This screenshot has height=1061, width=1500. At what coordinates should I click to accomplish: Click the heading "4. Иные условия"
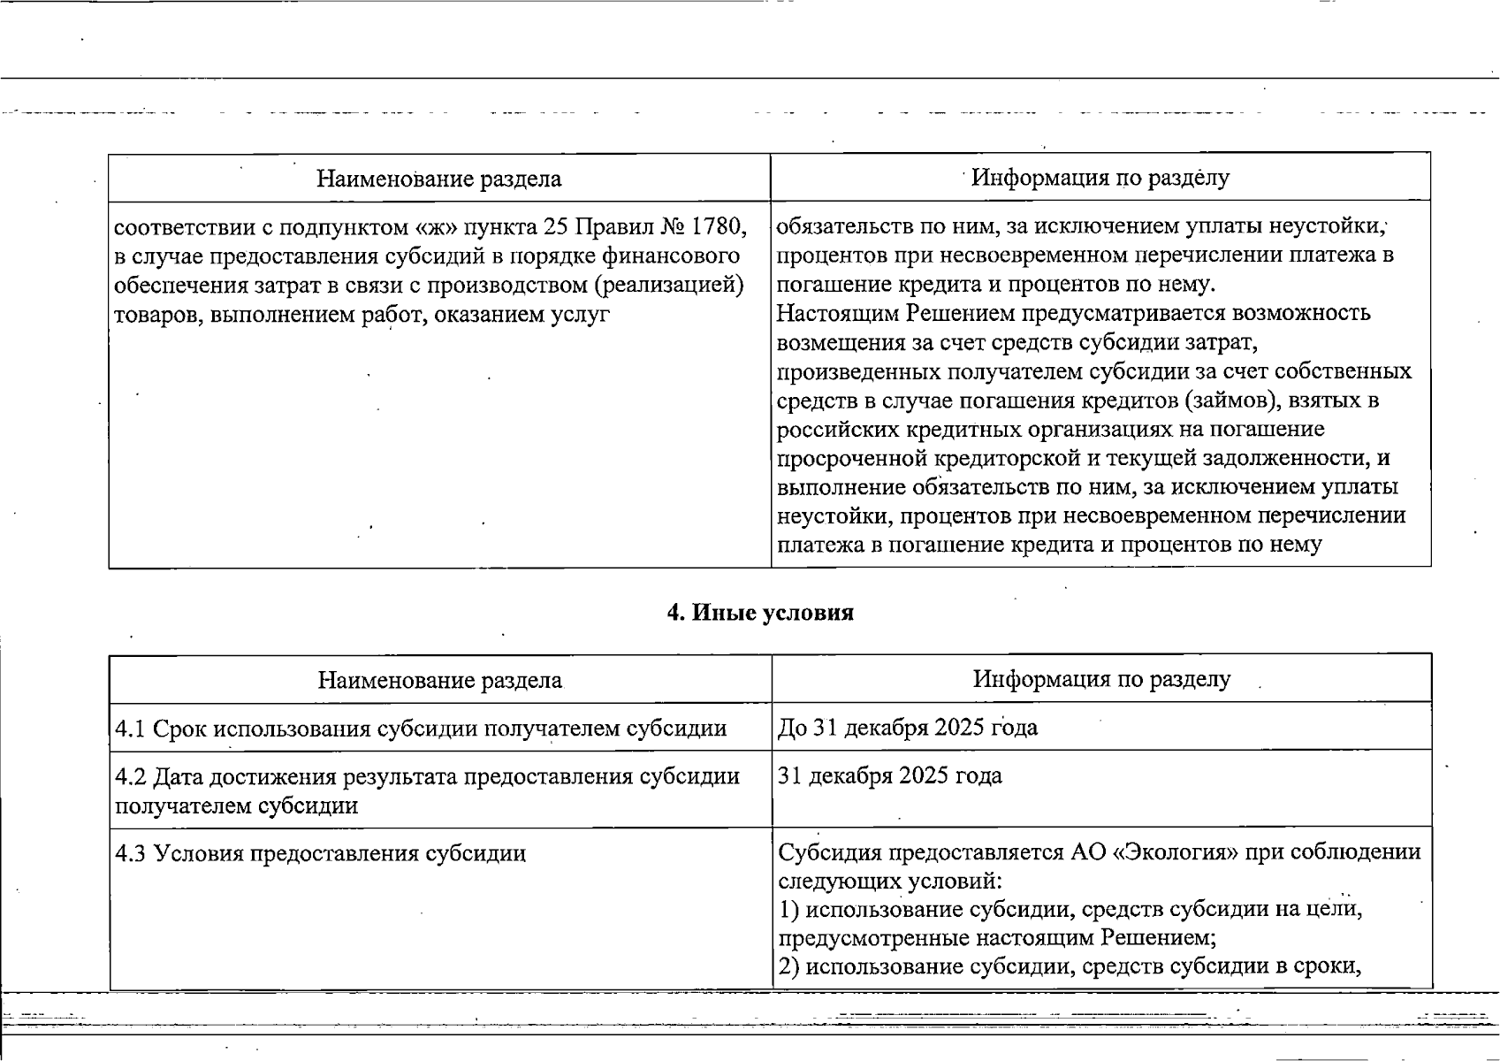point(760,613)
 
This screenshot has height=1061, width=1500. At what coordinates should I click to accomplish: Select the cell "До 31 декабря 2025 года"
point(908,728)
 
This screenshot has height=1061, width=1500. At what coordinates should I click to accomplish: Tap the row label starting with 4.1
point(421,729)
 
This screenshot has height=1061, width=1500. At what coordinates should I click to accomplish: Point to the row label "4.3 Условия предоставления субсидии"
point(320,853)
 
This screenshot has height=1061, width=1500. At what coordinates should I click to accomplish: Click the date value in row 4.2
point(890,776)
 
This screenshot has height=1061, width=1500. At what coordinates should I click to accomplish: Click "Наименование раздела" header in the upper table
point(438,179)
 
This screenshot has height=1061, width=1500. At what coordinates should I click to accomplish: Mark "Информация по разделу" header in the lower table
point(1101,679)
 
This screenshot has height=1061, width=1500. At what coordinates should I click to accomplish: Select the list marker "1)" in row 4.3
point(788,910)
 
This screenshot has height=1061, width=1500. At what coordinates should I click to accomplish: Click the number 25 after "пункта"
point(555,227)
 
